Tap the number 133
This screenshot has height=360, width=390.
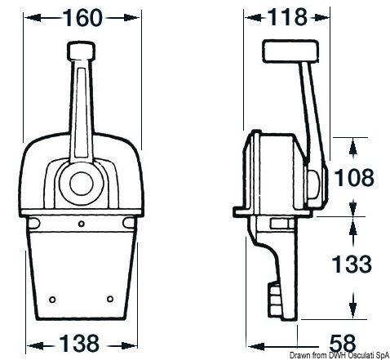354,264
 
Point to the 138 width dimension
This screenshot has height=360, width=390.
82,342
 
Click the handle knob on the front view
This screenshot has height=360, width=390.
82,55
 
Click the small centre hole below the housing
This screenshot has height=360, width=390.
82,222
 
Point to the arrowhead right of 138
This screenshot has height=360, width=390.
129,342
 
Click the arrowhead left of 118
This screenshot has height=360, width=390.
249,16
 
